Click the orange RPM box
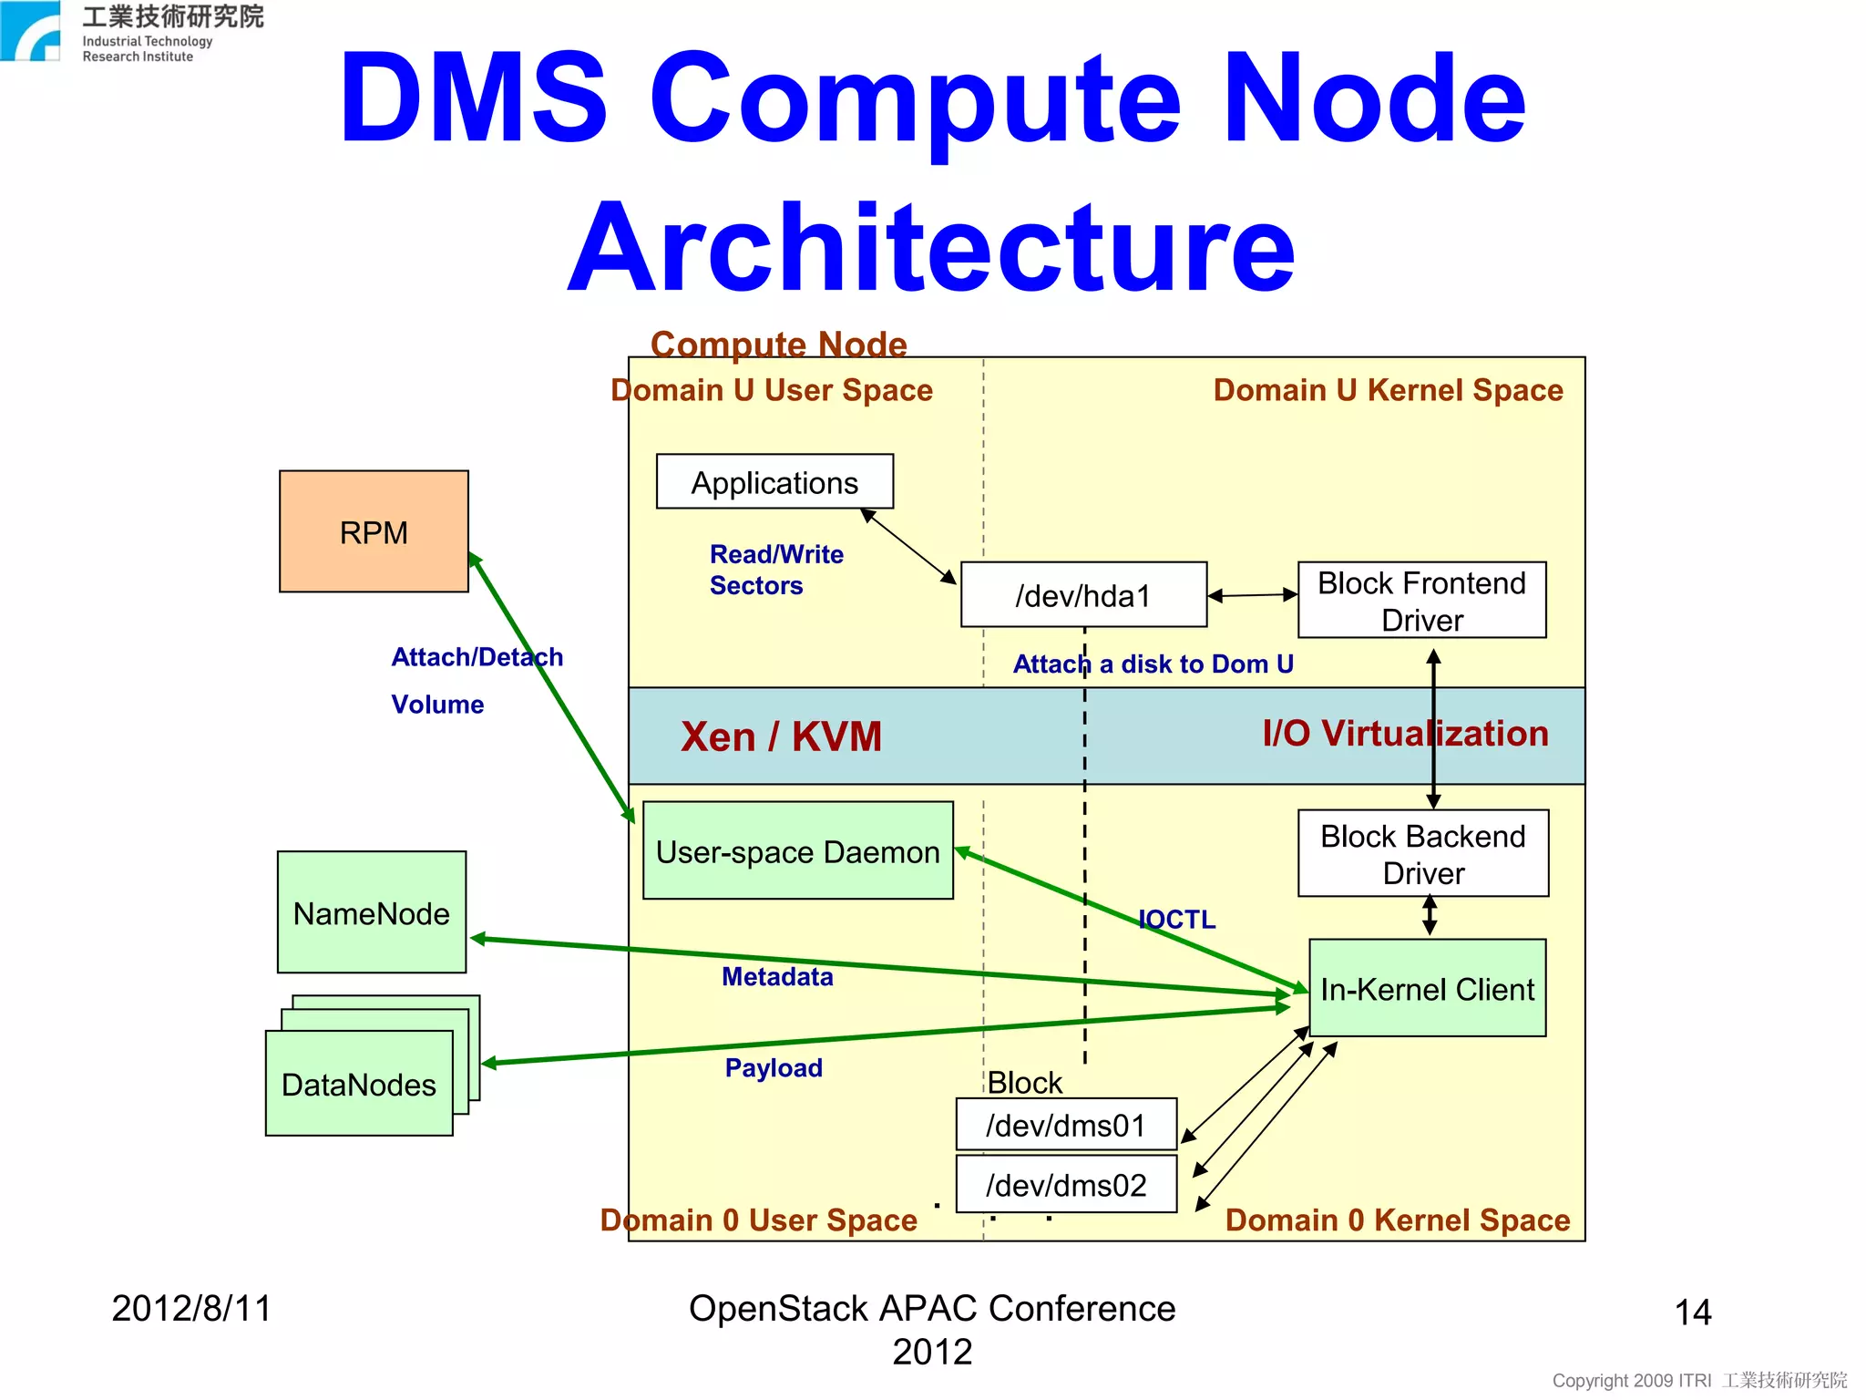[x=374, y=531]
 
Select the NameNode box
[x=372, y=912]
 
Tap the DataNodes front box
[x=359, y=1084]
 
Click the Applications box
[x=774, y=482]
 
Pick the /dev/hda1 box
[x=1083, y=595]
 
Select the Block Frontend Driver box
[x=1421, y=600]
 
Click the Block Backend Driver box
[x=1422, y=853]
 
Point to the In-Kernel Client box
[x=1427, y=988]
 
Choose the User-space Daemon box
[x=797, y=851]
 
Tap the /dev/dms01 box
[x=1065, y=1125]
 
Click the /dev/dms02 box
[x=1065, y=1184]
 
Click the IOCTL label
[x=1177, y=919]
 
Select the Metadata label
[x=777, y=976]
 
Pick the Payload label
[x=774, y=1067]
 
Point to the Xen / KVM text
[x=781, y=736]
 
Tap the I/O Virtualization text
[x=1404, y=733]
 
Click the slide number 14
[x=1693, y=1312]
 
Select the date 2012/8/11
[x=191, y=1308]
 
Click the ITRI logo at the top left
[x=32, y=32]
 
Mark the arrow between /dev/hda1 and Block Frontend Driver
[x=1253, y=595]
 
